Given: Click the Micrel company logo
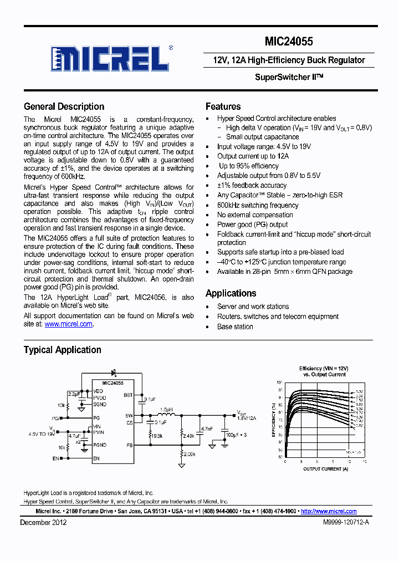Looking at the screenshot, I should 109,58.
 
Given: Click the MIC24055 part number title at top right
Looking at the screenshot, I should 289,41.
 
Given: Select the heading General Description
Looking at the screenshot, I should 64,106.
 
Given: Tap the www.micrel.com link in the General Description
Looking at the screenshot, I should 68,324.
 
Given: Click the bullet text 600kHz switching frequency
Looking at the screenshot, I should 258,205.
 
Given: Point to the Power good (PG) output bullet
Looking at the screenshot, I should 252,225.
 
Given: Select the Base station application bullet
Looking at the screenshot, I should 235,327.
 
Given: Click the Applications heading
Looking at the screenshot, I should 231,293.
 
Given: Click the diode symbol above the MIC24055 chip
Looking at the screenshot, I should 114,372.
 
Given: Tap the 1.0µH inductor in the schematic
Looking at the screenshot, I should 166,410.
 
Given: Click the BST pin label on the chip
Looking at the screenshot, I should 129,395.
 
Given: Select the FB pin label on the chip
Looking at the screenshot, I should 129,445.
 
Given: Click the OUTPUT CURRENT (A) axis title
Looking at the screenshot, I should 325,469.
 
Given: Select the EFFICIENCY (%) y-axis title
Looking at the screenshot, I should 274,420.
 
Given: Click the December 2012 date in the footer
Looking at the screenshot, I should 43,522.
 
